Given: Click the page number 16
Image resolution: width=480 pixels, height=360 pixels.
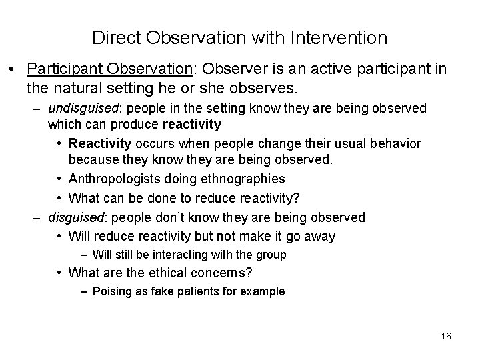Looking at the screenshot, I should coord(446,335).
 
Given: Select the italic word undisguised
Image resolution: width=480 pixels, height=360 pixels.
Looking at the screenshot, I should coord(79,108).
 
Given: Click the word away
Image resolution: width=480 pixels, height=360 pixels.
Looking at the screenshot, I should coord(319,235).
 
